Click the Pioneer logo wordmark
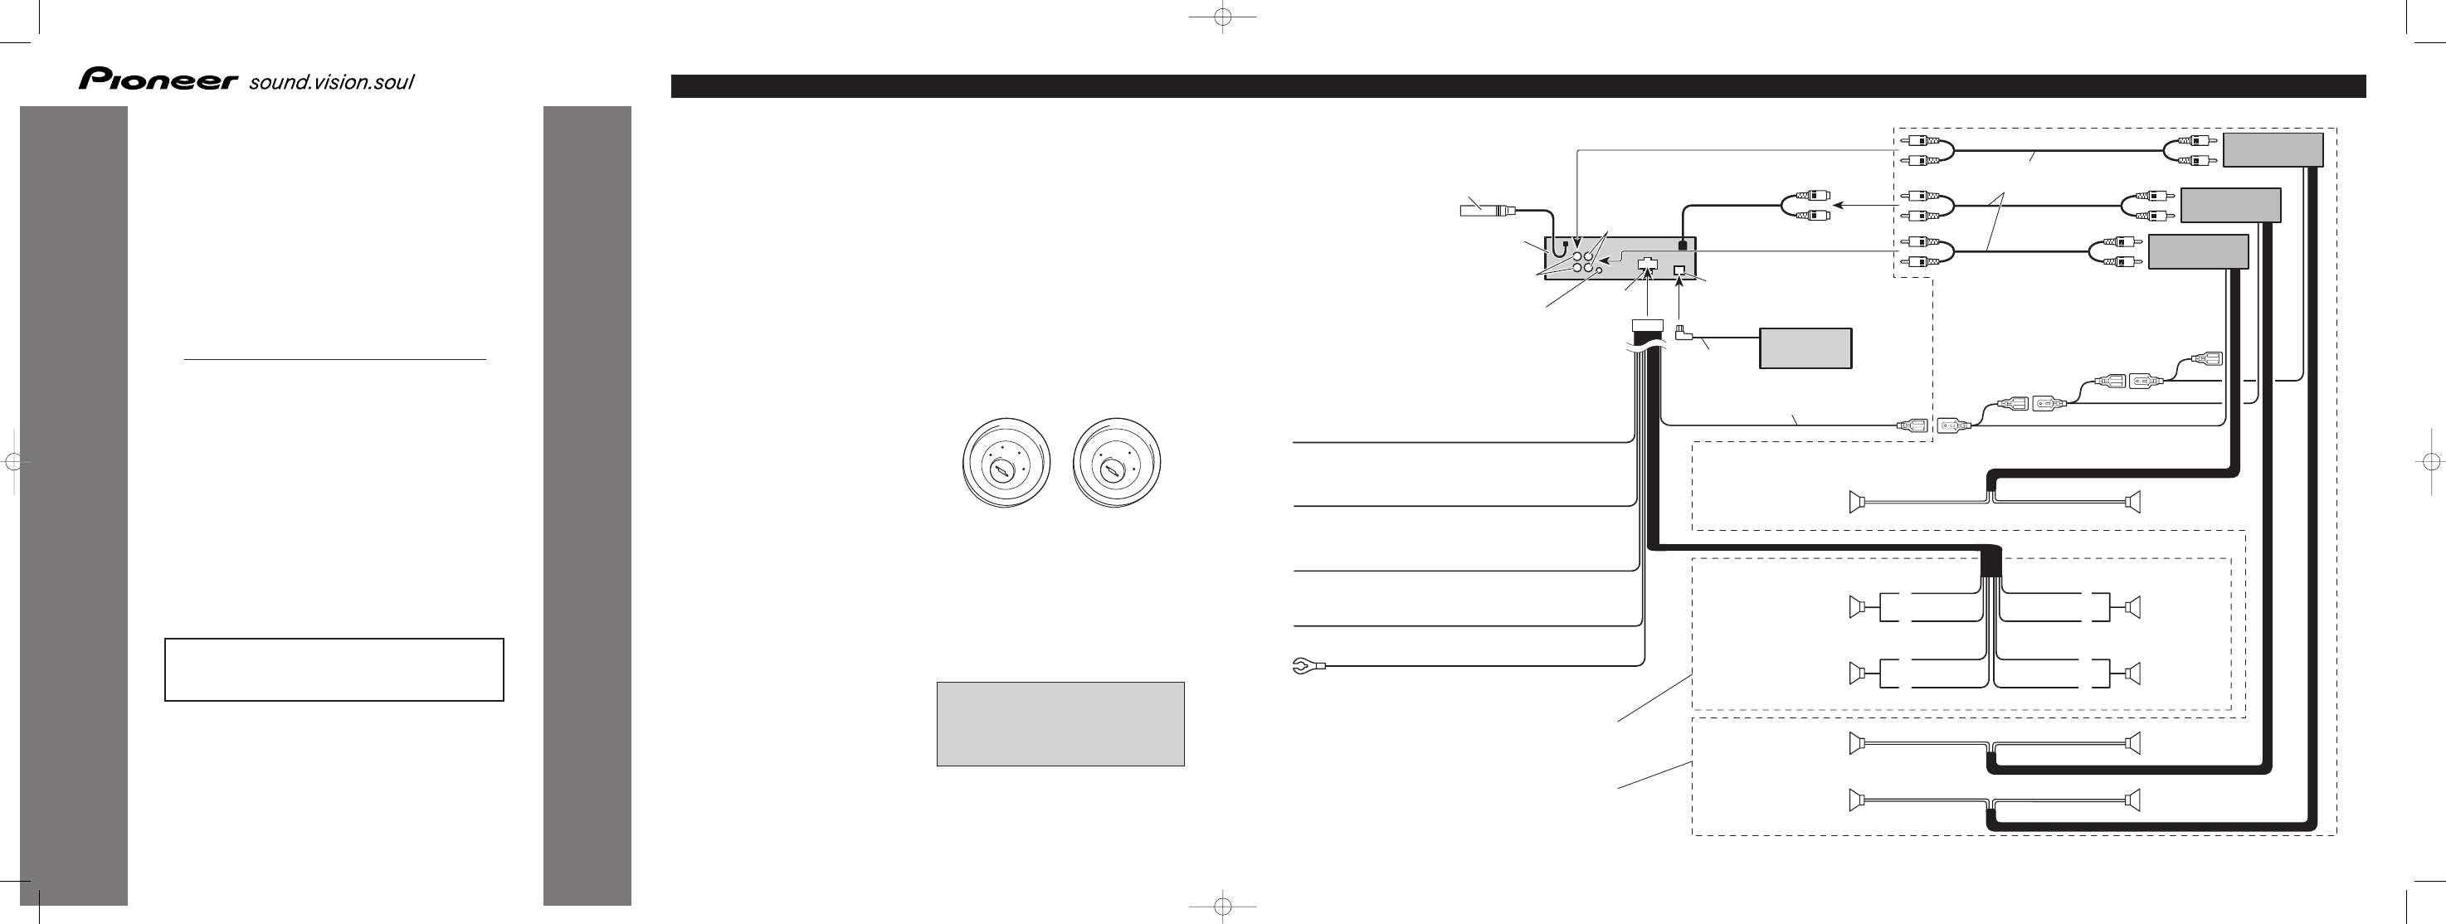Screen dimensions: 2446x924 [x=158, y=80]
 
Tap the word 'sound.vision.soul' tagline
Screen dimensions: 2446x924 [x=331, y=83]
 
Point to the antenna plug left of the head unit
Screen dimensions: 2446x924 [x=1488, y=209]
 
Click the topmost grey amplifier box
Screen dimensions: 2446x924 [x=2273, y=150]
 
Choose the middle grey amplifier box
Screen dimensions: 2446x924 [x=2230, y=205]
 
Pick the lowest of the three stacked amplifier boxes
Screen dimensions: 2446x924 [x=2198, y=251]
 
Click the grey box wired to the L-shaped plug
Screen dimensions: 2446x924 [x=1805, y=348]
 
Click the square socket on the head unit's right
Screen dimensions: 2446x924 [x=1679, y=270]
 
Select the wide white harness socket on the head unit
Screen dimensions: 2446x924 [x=1648, y=267]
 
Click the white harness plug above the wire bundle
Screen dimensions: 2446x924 [x=1649, y=325]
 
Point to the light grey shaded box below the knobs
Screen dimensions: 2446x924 [x=1060, y=723]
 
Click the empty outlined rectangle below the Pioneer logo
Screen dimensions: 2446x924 [x=334, y=669]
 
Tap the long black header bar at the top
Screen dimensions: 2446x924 [x=1518, y=86]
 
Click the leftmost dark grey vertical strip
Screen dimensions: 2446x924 [x=74, y=505]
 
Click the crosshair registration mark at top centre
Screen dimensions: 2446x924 [x=1223, y=17]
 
